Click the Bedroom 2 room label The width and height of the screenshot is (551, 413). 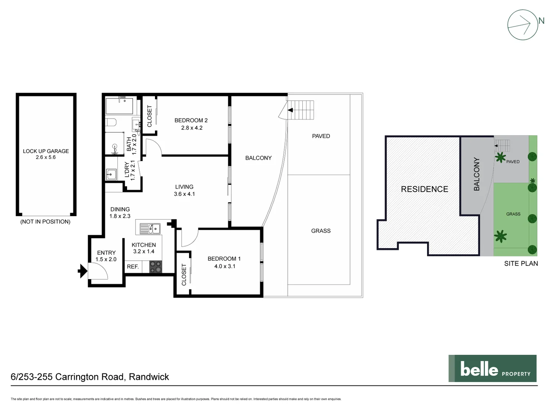click(x=191, y=120)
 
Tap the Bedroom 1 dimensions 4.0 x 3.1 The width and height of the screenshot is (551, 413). click(x=225, y=266)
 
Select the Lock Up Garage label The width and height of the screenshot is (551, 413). click(x=46, y=151)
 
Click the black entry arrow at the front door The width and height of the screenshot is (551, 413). click(x=82, y=271)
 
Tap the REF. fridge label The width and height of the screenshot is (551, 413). click(x=133, y=267)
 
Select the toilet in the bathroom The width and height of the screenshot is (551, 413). click(x=111, y=123)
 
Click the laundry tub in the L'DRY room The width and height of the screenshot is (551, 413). click(x=111, y=174)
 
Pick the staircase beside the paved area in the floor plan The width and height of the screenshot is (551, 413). click(x=301, y=110)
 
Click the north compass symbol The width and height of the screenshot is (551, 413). click(x=523, y=24)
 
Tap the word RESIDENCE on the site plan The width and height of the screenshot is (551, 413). click(x=424, y=189)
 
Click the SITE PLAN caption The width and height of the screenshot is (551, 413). click(x=521, y=263)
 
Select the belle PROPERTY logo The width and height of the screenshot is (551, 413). click(x=492, y=368)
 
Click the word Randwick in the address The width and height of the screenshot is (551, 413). click(x=149, y=377)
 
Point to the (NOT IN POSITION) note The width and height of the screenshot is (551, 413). click(x=45, y=221)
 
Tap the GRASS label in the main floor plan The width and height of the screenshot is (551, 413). click(x=321, y=231)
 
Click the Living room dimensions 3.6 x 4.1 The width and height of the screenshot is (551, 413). click(x=184, y=194)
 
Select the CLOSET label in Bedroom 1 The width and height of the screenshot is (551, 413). click(x=184, y=275)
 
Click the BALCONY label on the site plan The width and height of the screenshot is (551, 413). click(x=476, y=174)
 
